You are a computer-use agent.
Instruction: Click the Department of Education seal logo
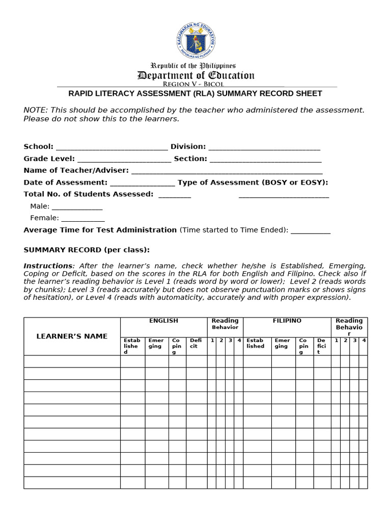pos(195,40)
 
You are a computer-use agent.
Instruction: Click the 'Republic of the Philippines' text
pos(193,66)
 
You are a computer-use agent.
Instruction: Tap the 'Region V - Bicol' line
pos(193,84)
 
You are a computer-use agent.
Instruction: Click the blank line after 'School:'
pos(111,147)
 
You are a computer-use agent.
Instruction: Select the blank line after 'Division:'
pos(264,147)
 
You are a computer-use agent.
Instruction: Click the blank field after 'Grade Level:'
pos(124,159)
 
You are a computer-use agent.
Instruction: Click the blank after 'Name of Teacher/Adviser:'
pos(227,171)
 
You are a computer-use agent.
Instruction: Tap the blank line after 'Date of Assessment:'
pos(143,183)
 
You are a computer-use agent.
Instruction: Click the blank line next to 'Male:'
pos(77,207)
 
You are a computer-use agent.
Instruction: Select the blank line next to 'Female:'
pos(83,219)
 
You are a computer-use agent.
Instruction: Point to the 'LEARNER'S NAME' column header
pos(72,336)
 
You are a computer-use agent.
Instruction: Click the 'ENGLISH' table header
pos(163,321)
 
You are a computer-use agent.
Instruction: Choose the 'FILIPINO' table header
pos(287,321)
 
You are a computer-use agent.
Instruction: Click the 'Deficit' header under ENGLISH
pos(195,343)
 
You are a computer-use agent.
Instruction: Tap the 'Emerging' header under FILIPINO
pos(282,343)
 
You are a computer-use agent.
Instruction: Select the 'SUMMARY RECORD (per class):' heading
pos(87,250)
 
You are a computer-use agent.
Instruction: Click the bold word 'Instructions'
pos(48,266)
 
